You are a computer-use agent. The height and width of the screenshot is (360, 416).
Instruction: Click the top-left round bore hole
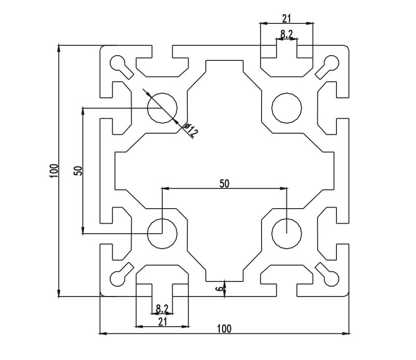click(162, 108)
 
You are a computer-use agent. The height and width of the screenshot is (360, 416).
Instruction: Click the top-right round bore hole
click(287, 108)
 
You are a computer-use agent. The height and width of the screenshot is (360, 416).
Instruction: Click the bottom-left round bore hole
click(162, 233)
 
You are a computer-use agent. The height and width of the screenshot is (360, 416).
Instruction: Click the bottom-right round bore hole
click(287, 233)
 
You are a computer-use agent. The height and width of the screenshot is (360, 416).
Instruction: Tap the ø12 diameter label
click(191, 131)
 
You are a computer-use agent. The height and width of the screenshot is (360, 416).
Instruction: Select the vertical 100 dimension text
click(53, 171)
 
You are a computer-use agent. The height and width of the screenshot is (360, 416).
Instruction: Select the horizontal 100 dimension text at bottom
click(224, 328)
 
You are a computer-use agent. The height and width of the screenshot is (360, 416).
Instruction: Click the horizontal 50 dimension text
click(224, 183)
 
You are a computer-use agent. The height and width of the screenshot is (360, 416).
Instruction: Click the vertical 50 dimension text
click(77, 171)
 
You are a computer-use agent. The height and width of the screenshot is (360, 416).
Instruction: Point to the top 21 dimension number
click(287, 18)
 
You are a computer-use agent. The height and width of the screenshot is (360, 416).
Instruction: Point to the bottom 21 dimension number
click(162, 322)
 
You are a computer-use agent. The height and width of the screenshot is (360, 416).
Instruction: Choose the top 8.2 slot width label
click(287, 34)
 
